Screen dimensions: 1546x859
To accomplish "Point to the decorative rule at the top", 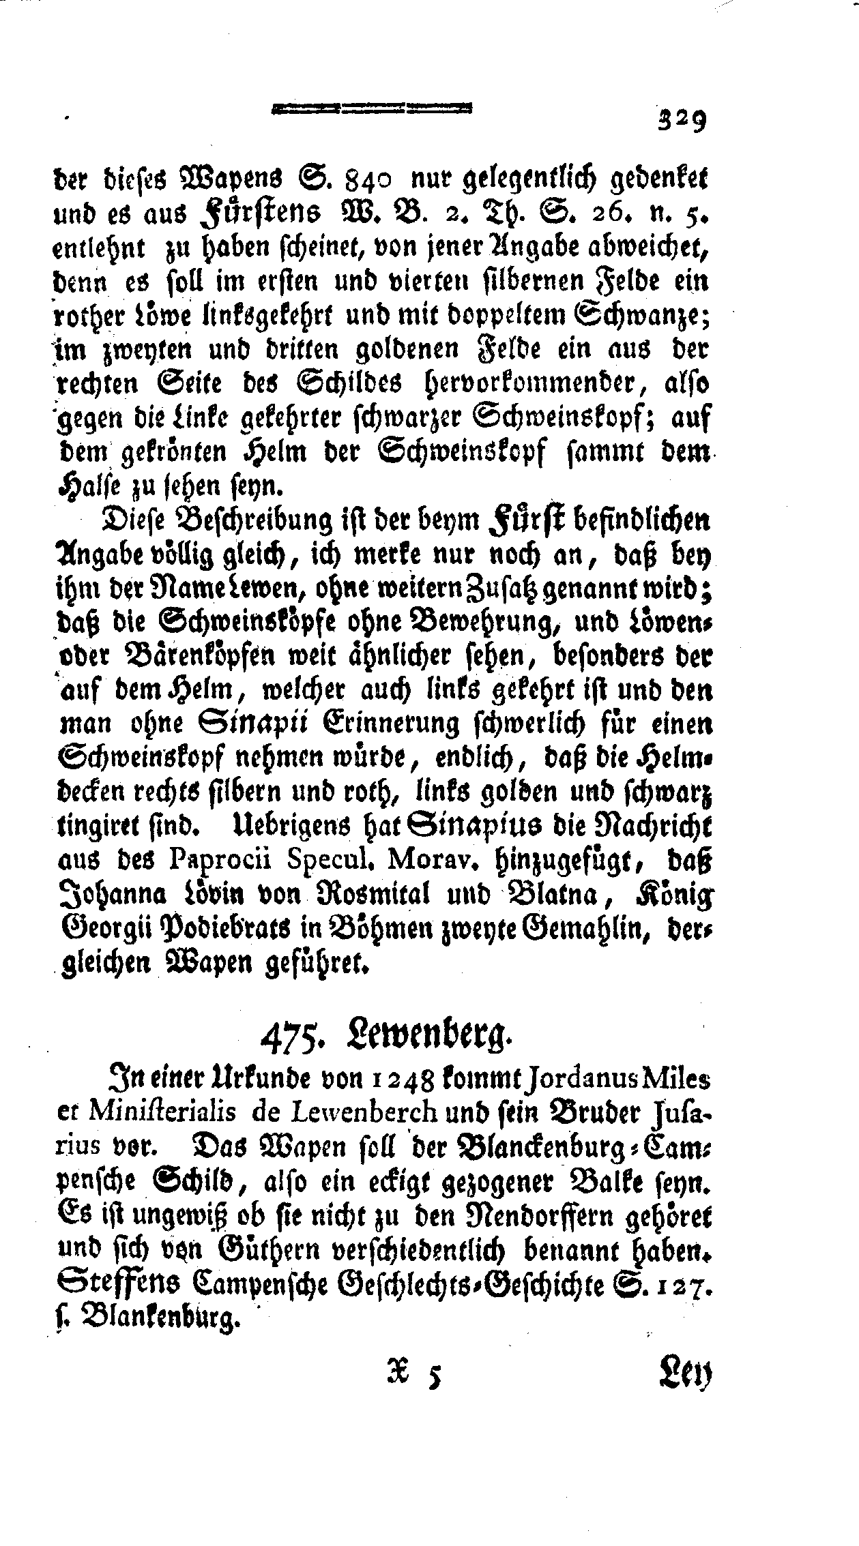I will [x=372, y=108].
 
